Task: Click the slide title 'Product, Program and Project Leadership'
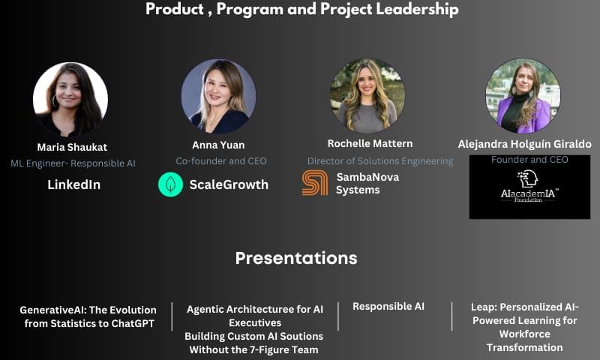click(301, 10)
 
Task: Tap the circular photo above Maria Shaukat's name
click(70, 99)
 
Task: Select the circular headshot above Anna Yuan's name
click(218, 97)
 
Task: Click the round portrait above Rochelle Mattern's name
click(367, 95)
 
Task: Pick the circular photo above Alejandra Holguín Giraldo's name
click(523, 96)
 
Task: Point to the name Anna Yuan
click(218, 145)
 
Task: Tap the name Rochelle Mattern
click(370, 143)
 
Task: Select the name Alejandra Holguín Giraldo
click(524, 144)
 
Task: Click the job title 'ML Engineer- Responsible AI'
click(73, 163)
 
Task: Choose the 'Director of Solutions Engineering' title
click(380, 160)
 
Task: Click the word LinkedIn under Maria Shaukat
click(74, 184)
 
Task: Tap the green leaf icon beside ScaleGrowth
click(170, 184)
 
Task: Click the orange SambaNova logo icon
click(315, 183)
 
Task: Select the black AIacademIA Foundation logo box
click(529, 187)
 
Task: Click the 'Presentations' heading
click(296, 258)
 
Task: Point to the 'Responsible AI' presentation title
click(388, 306)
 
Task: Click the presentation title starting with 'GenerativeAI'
click(88, 316)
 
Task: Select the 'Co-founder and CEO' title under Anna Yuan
click(221, 160)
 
